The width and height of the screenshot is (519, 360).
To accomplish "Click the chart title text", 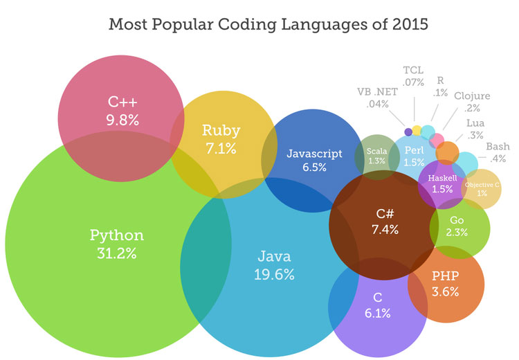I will tap(259, 25).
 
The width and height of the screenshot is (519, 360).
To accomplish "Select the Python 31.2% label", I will tap(117, 244).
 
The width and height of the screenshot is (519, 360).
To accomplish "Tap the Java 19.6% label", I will tap(273, 265).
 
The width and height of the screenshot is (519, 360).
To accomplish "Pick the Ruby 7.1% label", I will tap(221, 138).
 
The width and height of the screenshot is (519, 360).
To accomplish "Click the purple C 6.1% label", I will tap(377, 305).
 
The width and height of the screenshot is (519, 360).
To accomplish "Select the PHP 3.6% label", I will tap(445, 284).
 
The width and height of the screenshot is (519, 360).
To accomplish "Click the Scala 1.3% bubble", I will tap(376, 155).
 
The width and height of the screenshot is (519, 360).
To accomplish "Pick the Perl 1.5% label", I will tap(413, 156).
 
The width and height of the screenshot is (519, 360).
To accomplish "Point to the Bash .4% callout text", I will tap(497, 152).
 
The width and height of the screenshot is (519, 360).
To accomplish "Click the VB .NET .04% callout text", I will tap(376, 98).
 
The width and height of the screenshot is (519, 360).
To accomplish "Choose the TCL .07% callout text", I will tap(414, 77).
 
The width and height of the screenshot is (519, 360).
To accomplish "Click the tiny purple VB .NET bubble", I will tap(408, 132).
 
